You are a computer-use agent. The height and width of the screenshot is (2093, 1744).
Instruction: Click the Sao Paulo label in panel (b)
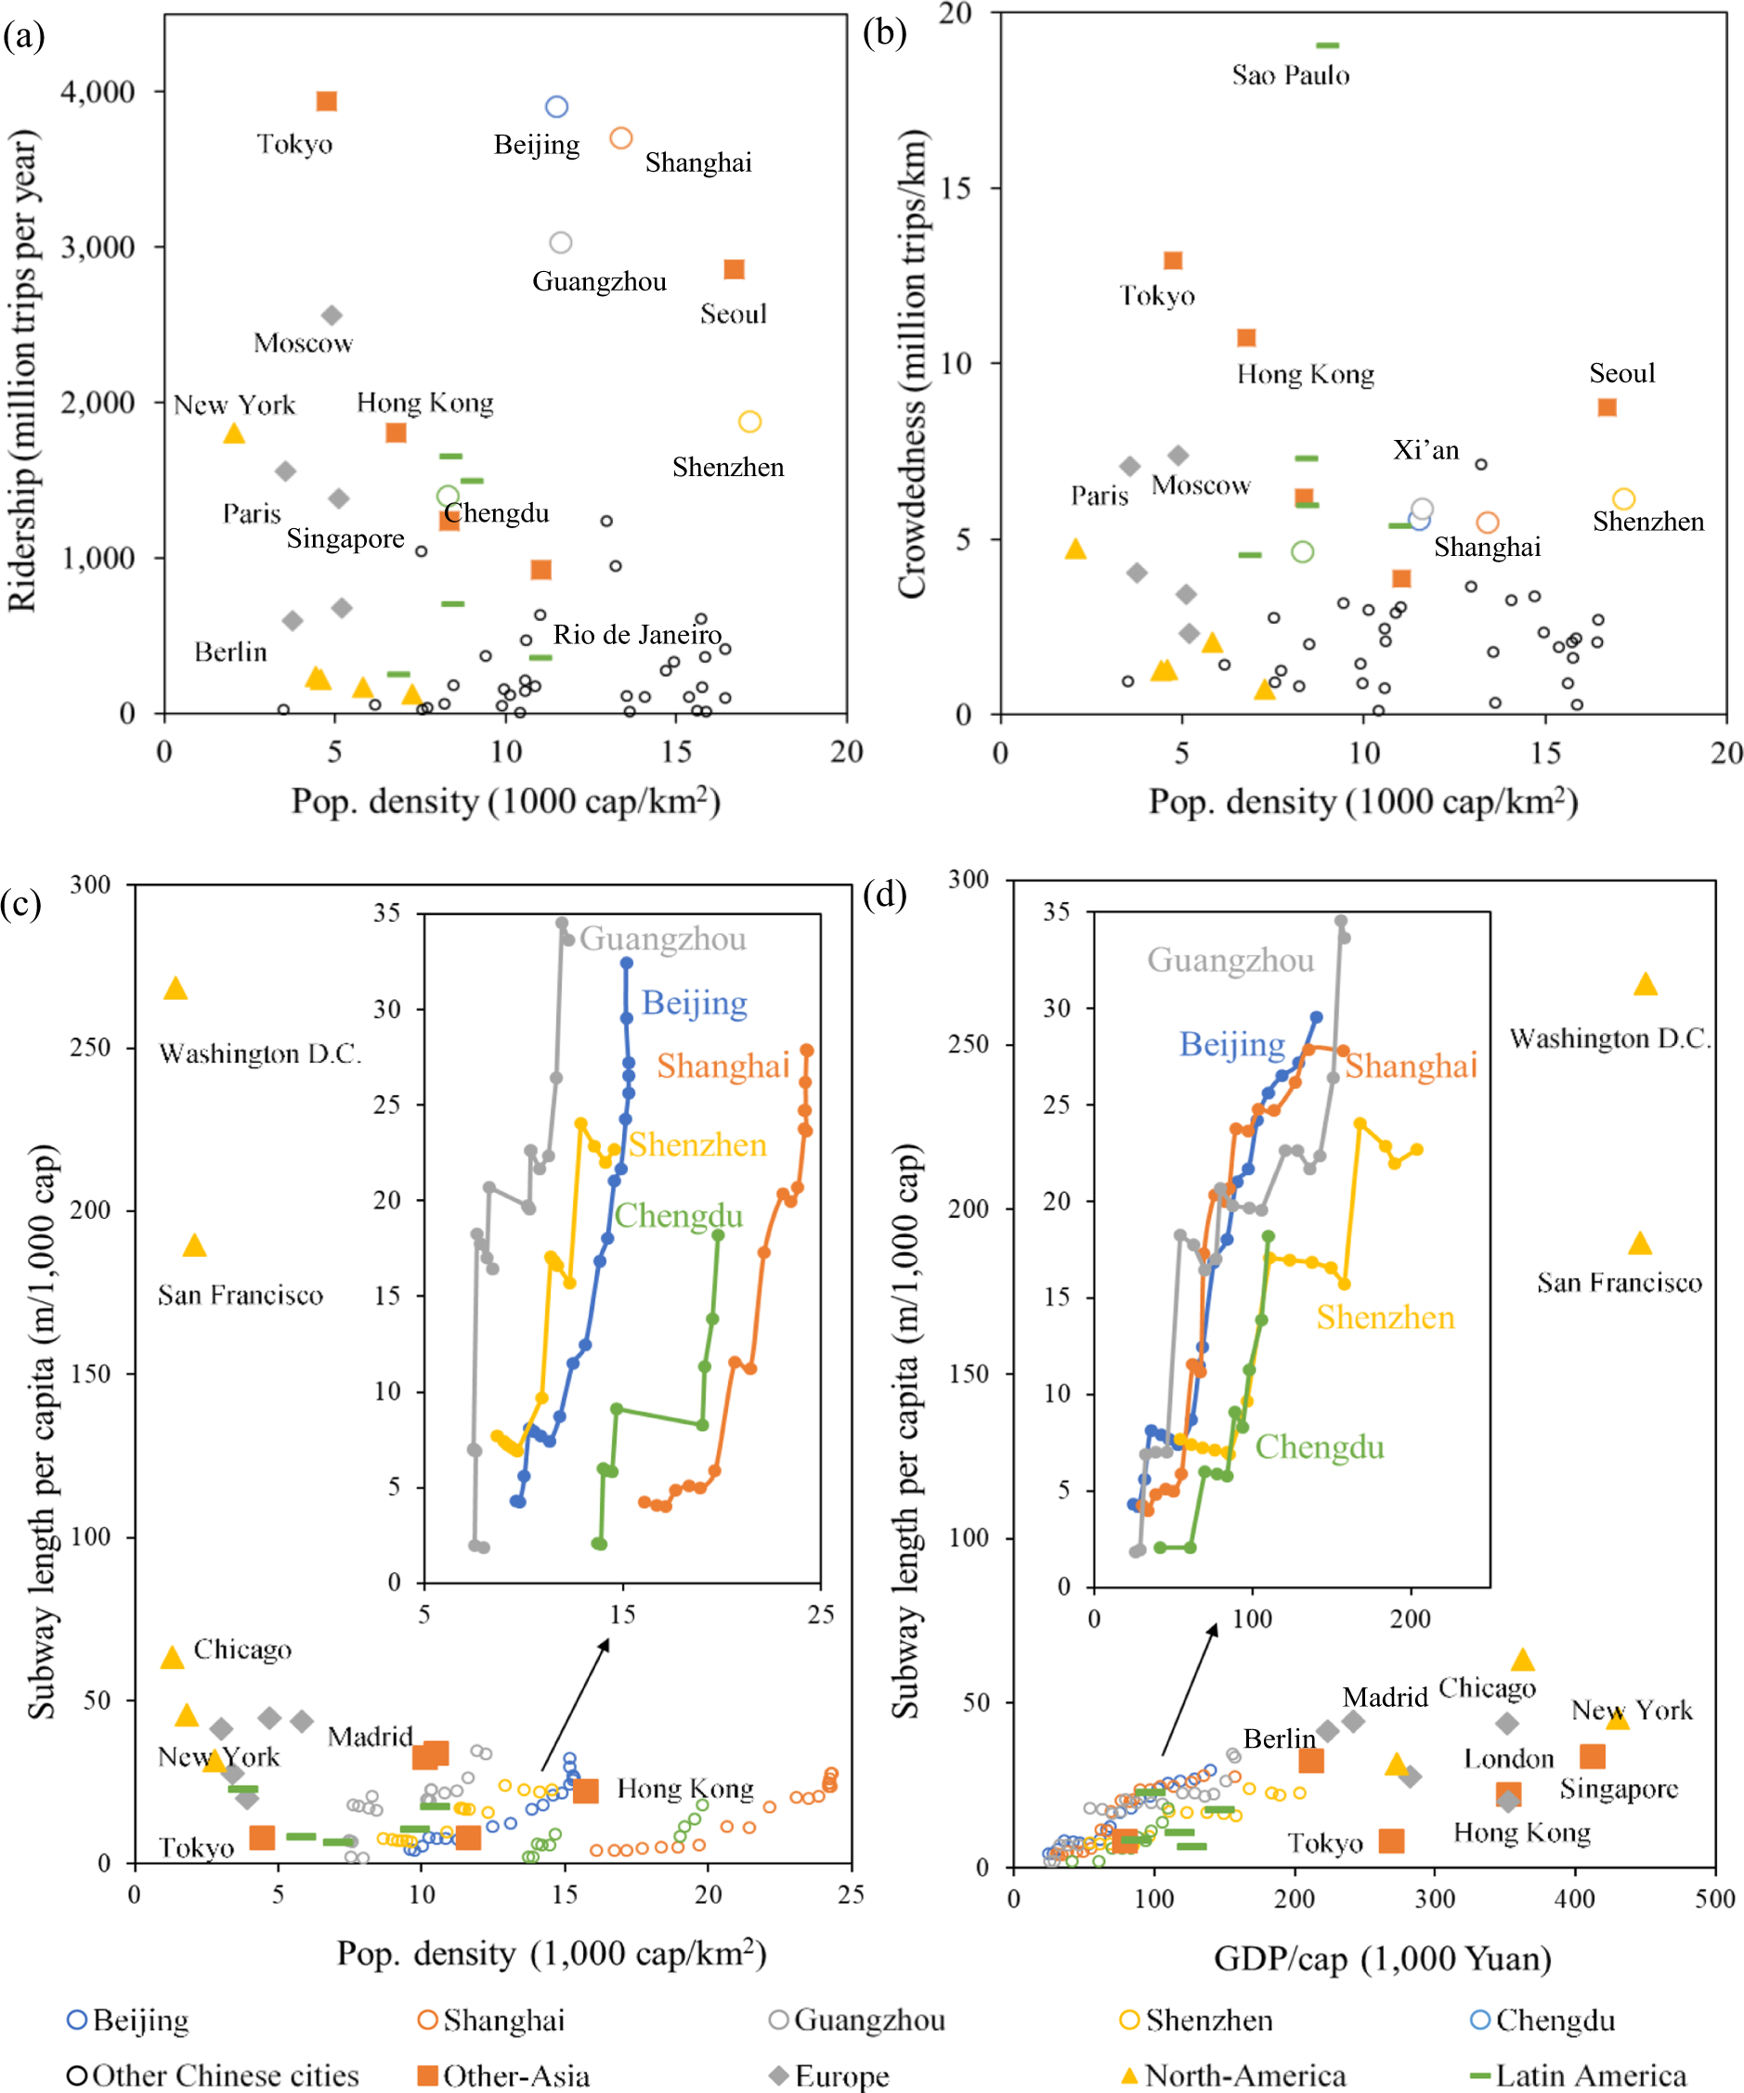pos(1289,76)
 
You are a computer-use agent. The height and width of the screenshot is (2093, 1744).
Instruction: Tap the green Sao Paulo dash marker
pos(1327,45)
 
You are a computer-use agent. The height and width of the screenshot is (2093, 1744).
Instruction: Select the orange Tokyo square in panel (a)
pos(326,102)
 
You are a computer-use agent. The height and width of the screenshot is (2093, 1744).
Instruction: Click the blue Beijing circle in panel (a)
pos(556,107)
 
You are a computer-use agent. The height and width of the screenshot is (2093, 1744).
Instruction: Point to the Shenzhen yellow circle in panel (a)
pos(749,421)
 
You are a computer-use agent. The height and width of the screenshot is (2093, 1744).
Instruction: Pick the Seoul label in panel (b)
pos(1621,374)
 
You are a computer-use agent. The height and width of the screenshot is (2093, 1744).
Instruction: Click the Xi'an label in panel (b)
pos(1425,450)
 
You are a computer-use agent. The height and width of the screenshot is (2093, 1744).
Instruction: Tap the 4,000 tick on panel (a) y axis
pos(97,92)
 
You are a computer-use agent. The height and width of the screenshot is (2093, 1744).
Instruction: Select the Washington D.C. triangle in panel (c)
pos(176,988)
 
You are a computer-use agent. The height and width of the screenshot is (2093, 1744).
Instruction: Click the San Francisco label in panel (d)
pos(1619,1283)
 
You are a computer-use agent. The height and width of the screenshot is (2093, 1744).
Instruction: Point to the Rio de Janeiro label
pos(637,635)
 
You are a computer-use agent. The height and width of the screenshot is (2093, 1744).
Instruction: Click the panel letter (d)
pos(884,895)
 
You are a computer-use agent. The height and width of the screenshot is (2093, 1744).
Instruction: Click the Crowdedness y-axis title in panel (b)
pos(911,364)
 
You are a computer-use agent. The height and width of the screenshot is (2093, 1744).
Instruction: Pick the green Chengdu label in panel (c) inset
pos(678,1216)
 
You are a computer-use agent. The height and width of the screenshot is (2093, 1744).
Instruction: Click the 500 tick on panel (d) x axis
pos(1715,1899)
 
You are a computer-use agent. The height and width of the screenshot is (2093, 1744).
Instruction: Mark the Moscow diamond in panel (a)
pos(332,316)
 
